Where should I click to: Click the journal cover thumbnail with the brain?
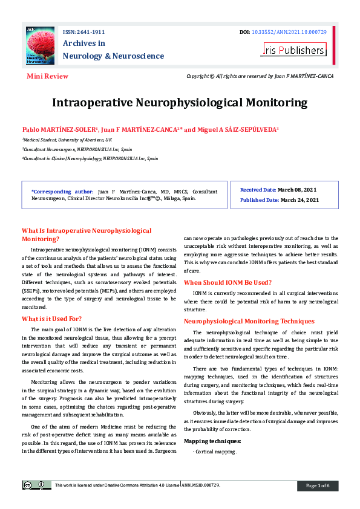coord(41,45)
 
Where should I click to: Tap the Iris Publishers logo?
coord(293,50)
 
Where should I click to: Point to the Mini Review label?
coord(48,77)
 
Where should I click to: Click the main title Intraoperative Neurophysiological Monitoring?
coord(180,102)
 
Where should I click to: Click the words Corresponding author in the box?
coord(62,190)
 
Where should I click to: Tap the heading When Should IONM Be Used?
coord(227,282)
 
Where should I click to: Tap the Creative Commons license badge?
coord(36,485)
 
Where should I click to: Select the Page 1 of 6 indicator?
coord(317,485)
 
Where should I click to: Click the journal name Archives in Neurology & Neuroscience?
coord(113,50)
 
